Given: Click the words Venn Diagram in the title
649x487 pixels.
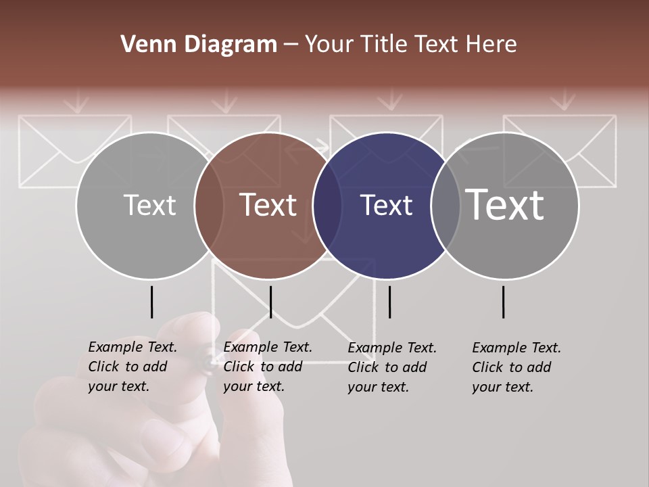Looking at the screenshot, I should [199, 45].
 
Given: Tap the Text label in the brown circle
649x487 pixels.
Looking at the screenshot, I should [268, 205].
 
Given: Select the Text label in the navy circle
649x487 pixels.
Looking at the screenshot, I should [386, 205].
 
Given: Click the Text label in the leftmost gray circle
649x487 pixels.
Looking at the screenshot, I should [149, 205].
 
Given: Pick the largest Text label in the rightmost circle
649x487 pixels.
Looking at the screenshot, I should [504, 204].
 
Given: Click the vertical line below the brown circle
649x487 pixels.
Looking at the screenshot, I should [270, 302].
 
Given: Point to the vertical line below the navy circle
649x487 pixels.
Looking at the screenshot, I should [389, 302].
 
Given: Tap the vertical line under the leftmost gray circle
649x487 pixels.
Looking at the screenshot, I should [151, 302].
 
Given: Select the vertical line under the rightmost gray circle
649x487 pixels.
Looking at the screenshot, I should [504, 302].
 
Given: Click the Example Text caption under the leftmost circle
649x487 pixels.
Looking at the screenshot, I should [132, 367].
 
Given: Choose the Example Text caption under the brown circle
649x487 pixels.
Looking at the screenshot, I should [267, 367].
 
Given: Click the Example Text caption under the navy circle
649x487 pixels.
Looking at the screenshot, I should [391, 367].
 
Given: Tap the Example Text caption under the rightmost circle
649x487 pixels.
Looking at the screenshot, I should [516, 367].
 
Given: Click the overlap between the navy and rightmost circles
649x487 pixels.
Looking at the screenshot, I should [446, 206].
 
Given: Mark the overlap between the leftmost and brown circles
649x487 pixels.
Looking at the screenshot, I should [209, 206].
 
